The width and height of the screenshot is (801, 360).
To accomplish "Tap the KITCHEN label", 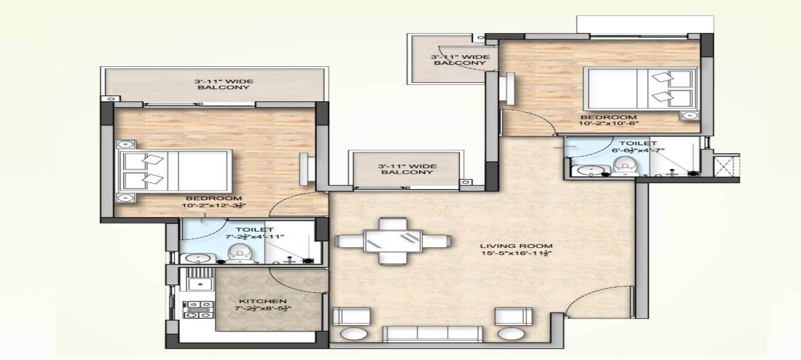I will [262, 301].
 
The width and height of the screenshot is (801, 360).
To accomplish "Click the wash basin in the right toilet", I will [585, 170].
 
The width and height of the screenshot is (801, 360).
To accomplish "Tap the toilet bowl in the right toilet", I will [624, 166].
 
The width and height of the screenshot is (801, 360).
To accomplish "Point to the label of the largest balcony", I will [224, 84].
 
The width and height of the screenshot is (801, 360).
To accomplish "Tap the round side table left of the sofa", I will [354, 334].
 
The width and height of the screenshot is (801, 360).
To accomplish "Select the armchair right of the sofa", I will [513, 316].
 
